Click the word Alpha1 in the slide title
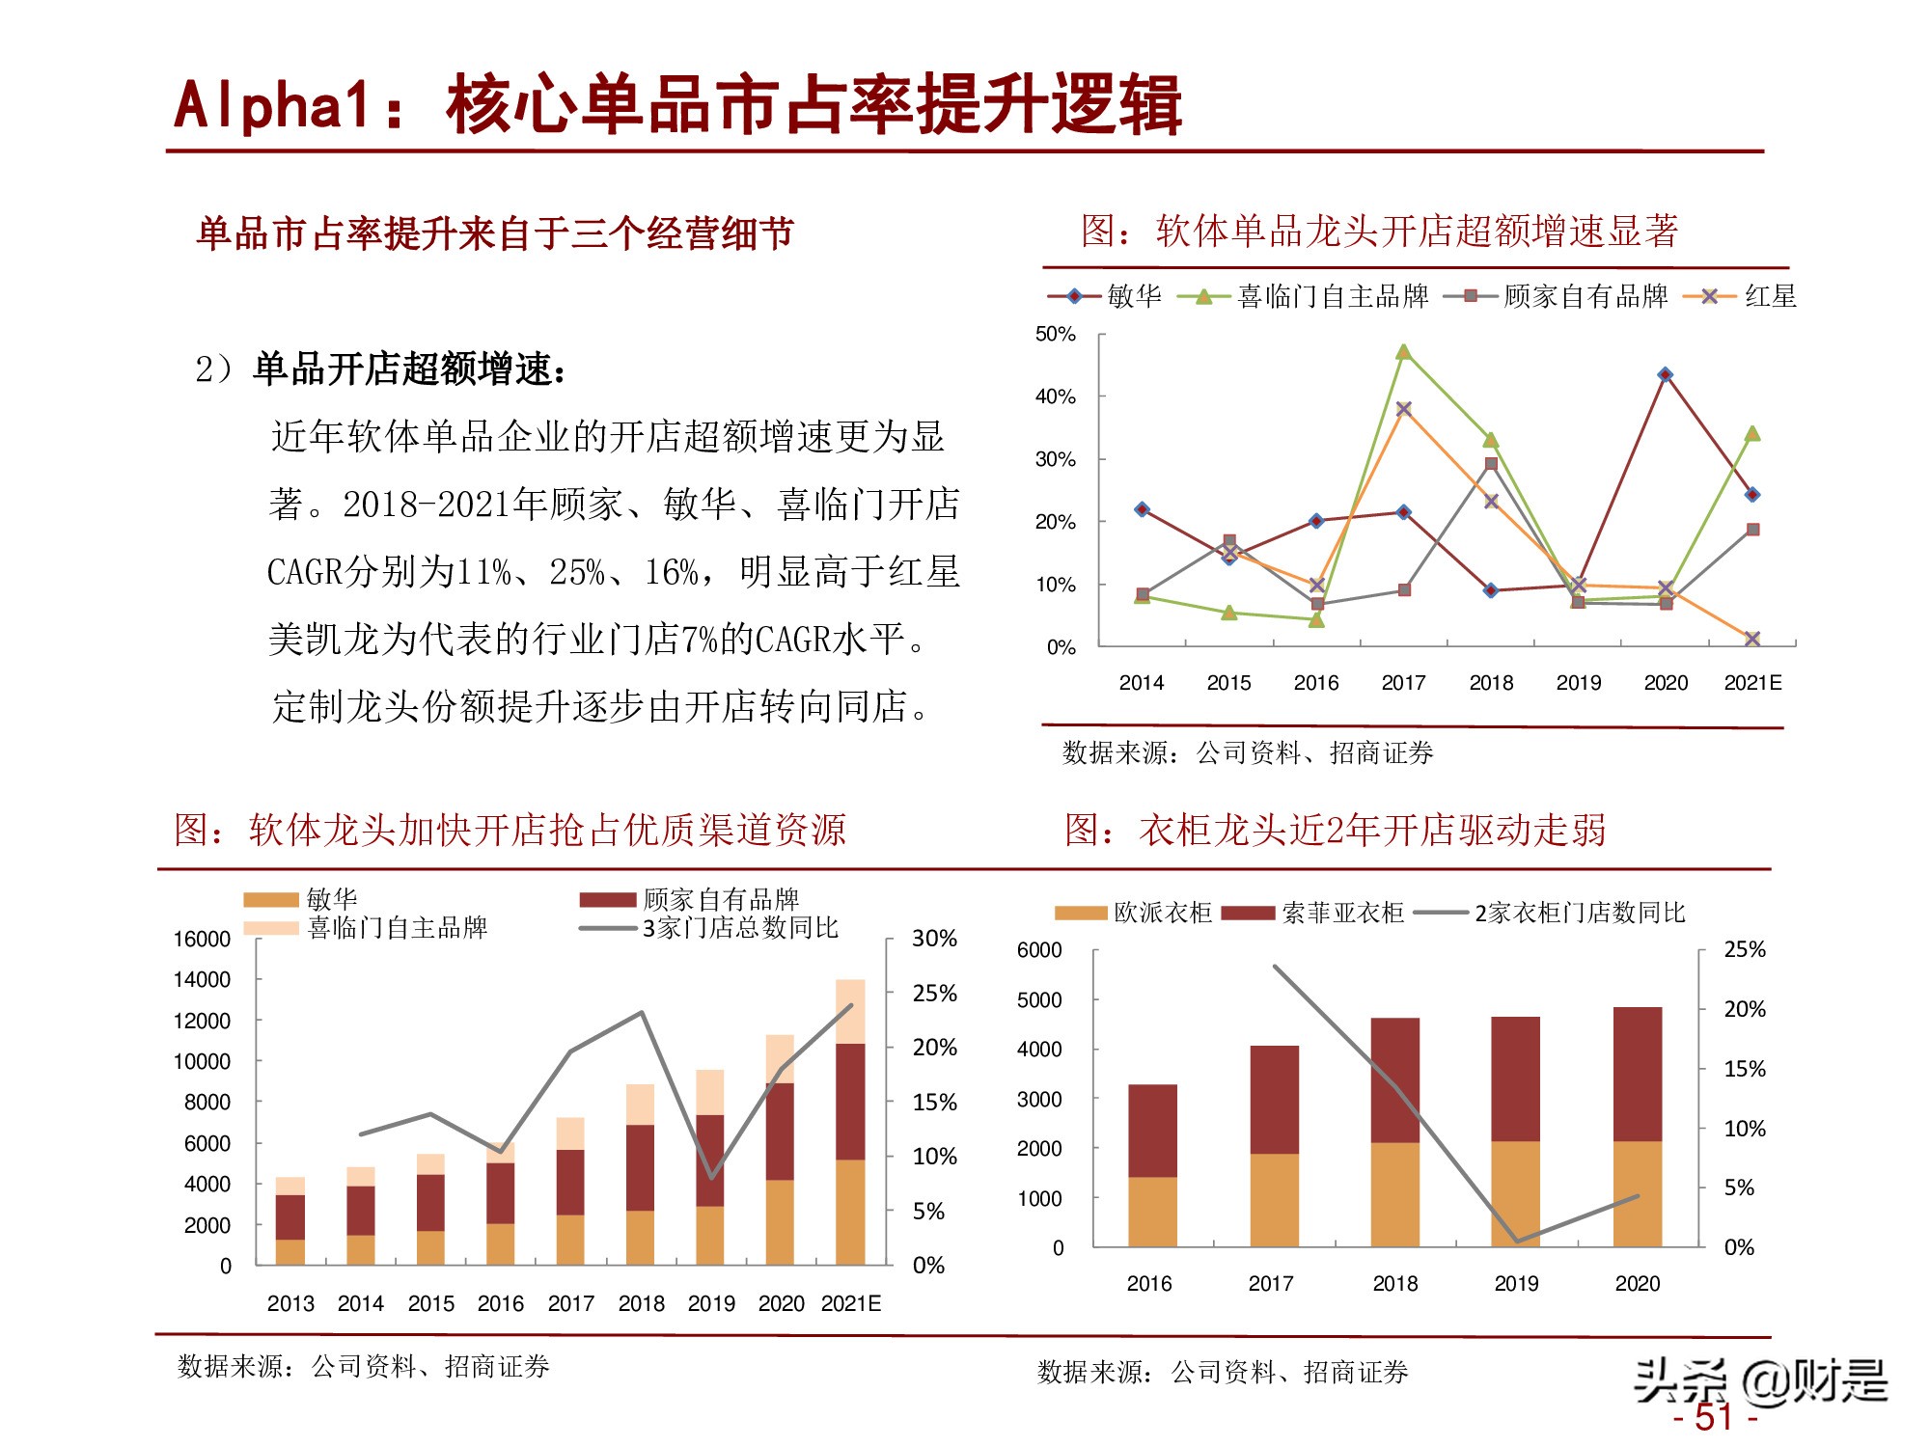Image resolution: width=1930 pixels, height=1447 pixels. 272,104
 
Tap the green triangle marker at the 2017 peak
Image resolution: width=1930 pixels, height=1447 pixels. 1403,352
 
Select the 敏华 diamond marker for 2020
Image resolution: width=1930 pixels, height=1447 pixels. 1666,374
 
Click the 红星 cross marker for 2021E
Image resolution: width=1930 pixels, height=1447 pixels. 1752,639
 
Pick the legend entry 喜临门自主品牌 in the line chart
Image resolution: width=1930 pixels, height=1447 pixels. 1332,296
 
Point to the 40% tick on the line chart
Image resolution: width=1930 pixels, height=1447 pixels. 1055,396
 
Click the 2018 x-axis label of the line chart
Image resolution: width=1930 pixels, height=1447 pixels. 1491,683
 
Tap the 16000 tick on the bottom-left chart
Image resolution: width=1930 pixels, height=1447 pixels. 202,939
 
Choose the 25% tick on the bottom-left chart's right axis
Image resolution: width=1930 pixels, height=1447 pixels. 934,993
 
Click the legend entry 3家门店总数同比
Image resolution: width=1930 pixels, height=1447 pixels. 740,928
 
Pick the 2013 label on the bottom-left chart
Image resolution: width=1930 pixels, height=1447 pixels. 290,1303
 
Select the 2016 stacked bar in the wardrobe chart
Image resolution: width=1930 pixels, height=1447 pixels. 1152,1165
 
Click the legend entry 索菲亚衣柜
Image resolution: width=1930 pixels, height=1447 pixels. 1341,913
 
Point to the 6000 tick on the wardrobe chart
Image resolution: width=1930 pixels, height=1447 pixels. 1039,950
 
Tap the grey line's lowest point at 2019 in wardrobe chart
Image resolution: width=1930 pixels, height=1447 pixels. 1517,1241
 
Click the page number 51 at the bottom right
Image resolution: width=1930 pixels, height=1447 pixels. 1714,1417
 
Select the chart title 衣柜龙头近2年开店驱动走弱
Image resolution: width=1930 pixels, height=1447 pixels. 1372,830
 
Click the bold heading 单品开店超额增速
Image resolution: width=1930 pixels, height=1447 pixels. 407,369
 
